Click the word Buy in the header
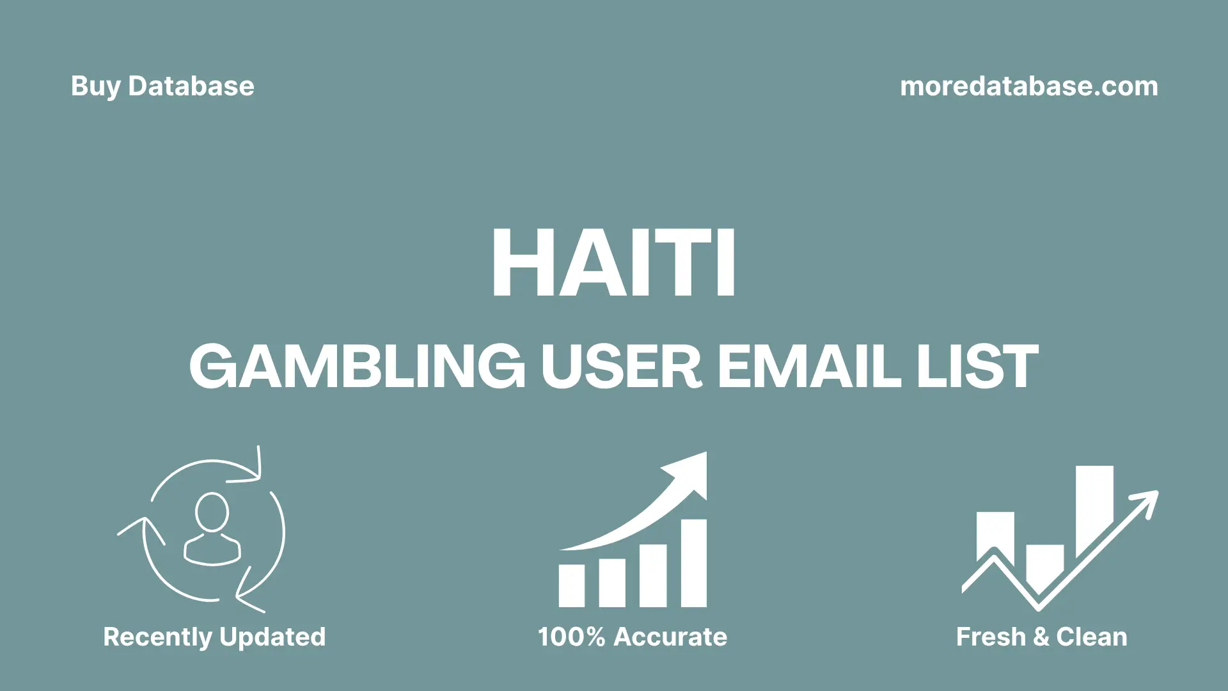95,86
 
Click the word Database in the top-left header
191,86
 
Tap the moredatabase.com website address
1028,86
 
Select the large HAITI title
613,262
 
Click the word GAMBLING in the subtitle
357,367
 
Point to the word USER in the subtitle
621,367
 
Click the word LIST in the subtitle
977,367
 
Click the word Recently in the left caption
157,637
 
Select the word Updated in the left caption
272,637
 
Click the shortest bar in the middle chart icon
571,585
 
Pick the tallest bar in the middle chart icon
693,563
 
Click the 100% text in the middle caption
571,637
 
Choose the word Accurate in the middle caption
670,637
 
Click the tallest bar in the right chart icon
1094,509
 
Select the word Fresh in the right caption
991,637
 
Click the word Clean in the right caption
1091,637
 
